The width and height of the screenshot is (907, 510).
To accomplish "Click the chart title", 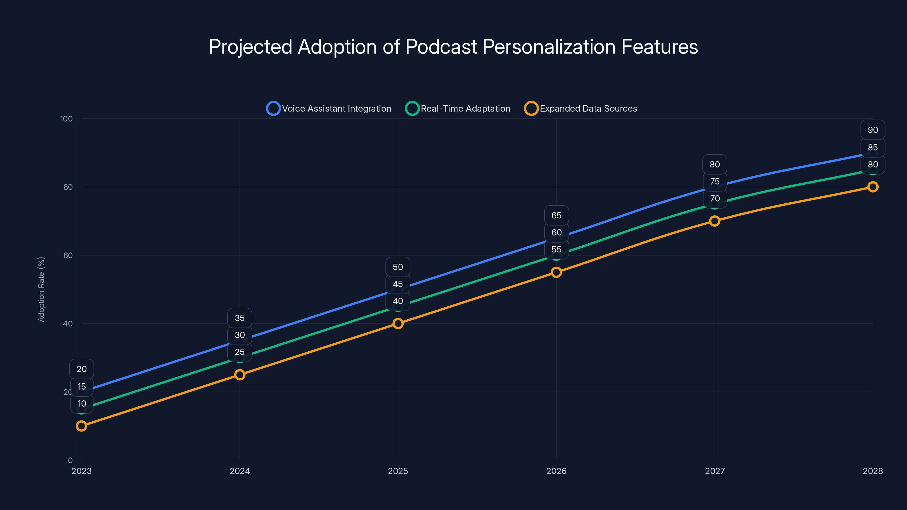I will coord(453,47).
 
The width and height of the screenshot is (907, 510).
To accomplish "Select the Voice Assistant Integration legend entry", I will coord(329,109).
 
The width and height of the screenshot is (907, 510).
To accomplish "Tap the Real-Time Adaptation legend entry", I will coord(458,109).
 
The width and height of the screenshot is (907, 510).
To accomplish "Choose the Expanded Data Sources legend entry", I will coord(581,109).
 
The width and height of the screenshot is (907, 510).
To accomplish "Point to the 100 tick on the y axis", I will coord(66,119).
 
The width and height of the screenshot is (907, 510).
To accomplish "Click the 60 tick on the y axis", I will coord(68,256).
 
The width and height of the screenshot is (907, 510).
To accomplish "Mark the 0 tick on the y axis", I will coord(70,460).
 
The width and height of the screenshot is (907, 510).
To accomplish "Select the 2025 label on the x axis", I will coord(398,471).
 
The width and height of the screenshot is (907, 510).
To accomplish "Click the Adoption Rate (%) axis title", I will coord(41,289).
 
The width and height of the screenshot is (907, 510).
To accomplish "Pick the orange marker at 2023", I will coord(81,426).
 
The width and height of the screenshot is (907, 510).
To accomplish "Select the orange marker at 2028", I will coord(872,187).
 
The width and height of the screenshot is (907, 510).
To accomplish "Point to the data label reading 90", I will coord(872,130).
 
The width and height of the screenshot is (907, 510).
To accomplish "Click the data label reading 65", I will coord(556,215).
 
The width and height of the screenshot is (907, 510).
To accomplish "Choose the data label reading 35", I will coord(240,318).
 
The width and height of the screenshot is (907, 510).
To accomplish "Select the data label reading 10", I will coord(82,404).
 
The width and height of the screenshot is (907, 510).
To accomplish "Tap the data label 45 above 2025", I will coord(398,284).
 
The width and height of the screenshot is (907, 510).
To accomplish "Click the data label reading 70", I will coord(715,199).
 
